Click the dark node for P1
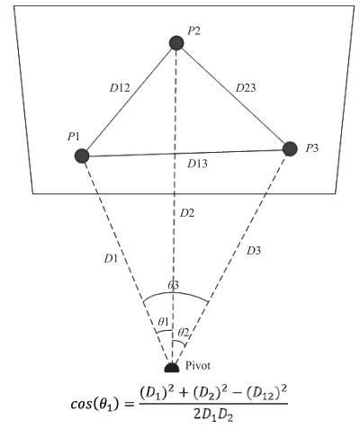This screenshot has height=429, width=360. pyautogui.click(x=82, y=156)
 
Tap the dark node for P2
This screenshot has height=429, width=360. pyautogui.click(x=176, y=43)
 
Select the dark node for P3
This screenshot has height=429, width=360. pyautogui.click(x=290, y=149)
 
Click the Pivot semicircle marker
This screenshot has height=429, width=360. pyautogui.click(x=172, y=368)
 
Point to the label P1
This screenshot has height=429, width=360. pyautogui.click(x=73, y=137)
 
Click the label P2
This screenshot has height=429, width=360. pyautogui.click(x=193, y=31)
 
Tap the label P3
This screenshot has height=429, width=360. pyautogui.click(x=312, y=148)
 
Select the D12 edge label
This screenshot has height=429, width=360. pyautogui.click(x=120, y=88)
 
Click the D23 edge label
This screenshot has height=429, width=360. pyautogui.click(x=246, y=88)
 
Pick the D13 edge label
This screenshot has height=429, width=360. pyautogui.click(x=197, y=164)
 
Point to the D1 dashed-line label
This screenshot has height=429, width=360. pyautogui.click(x=111, y=258)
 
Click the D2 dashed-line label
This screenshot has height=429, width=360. pyautogui.click(x=187, y=213)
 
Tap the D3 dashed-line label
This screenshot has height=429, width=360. pyautogui.click(x=254, y=251)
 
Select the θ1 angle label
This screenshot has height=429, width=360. pyautogui.click(x=163, y=322)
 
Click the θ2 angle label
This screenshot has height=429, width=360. pyautogui.click(x=184, y=332)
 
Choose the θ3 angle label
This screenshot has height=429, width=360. pyautogui.click(x=174, y=285)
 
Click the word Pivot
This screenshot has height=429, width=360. pyautogui.click(x=198, y=366)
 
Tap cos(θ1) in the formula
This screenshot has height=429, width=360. pyautogui.click(x=95, y=405)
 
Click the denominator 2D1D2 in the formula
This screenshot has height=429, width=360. pyautogui.click(x=213, y=416)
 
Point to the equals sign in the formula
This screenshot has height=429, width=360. pyautogui.click(x=129, y=405)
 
